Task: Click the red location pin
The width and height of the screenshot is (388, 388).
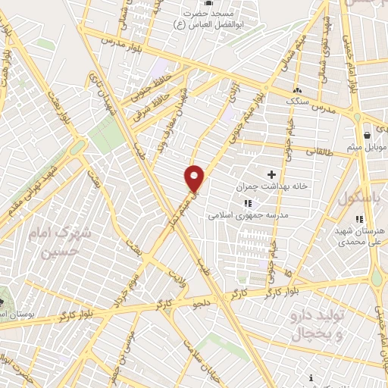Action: [195, 178]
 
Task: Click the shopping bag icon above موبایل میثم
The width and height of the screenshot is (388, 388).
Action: [368, 134]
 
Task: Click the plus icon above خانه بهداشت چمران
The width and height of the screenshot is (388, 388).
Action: [271, 174]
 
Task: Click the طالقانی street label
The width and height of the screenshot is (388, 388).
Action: [320, 152]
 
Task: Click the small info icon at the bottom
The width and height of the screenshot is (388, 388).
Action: [311, 377]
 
